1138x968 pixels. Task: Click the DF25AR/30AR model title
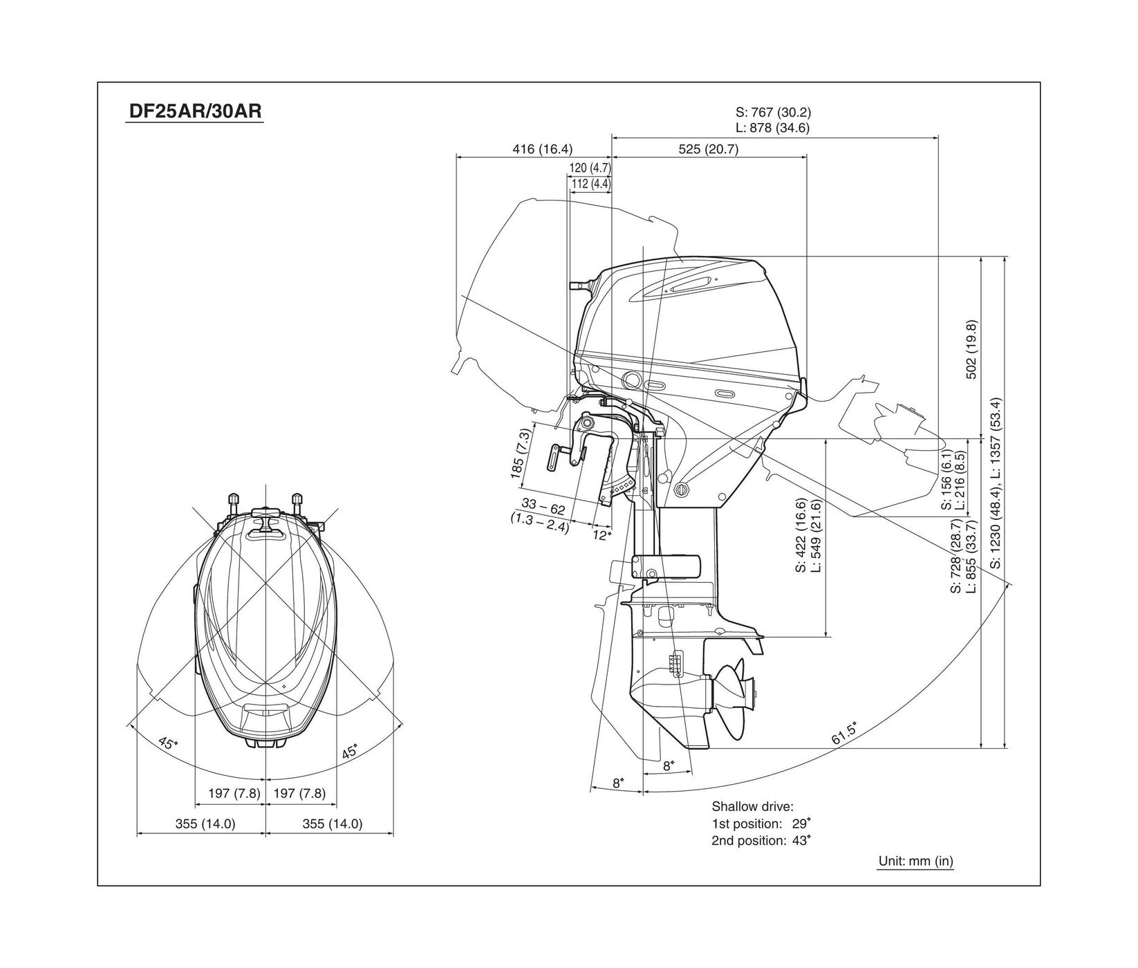click(x=194, y=111)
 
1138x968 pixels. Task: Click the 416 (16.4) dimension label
click(x=543, y=149)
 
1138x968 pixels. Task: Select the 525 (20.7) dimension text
click(x=709, y=149)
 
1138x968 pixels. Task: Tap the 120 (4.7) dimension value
click(x=590, y=167)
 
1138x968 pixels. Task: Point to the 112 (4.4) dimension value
click(x=591, y=183)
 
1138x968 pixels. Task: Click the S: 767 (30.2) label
click(x=773, y=112)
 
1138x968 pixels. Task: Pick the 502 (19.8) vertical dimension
click(x=971, y=349)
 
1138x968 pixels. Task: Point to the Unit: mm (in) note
click(x=915, y=861)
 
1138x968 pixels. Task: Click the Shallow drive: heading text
click(x=752, y=806)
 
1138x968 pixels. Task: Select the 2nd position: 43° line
click(x=761, y=841)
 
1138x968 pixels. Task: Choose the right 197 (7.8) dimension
click(x=299, y=793)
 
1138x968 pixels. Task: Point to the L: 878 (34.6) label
click(x=773, y=128)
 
